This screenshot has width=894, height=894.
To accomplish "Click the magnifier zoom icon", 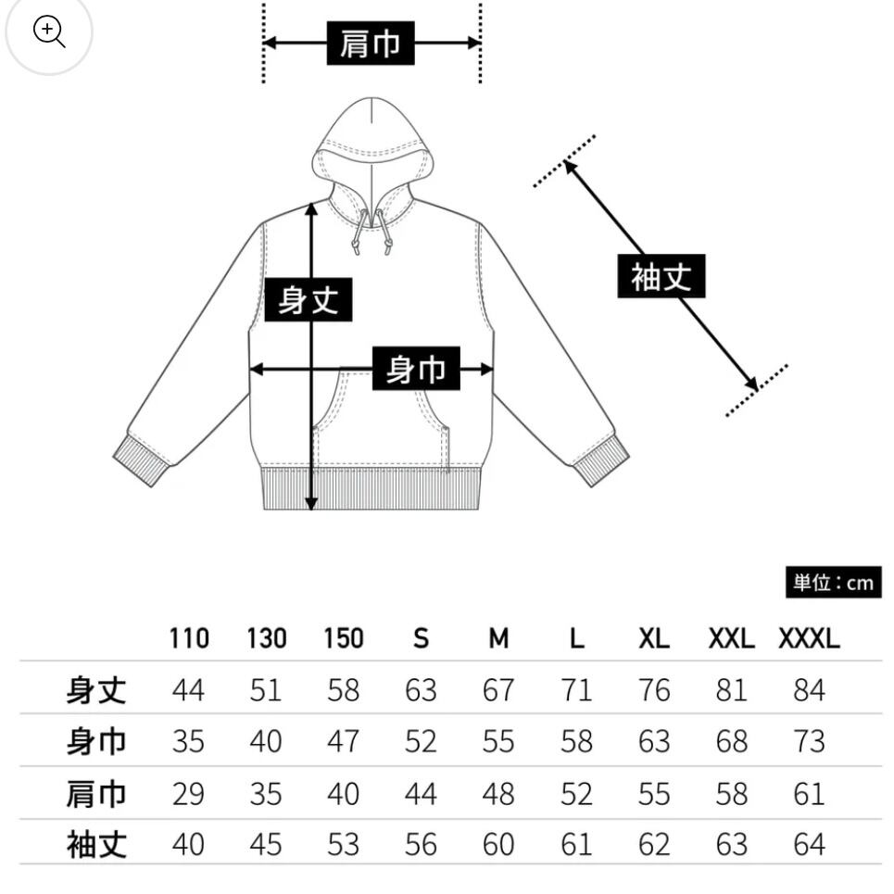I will coord(48,31).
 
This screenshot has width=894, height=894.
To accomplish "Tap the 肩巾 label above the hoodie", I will coord(371,44).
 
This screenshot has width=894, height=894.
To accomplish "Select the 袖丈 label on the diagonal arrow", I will coord(661,276).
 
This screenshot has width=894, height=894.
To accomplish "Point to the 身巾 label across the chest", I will coord(416,370).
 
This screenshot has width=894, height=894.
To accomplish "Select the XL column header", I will coord(653,638).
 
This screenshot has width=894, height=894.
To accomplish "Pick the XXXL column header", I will coord(808,638).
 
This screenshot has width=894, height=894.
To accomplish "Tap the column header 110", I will coord(189,638).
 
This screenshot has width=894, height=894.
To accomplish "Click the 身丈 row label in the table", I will coord(96,690).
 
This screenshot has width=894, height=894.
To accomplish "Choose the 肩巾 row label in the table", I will coord(96,793).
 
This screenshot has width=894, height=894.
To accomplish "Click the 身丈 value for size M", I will coord(498,690).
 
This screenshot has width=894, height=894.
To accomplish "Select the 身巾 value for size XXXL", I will coord(808,741).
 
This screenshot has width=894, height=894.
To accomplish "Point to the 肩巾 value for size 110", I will coord(189,793).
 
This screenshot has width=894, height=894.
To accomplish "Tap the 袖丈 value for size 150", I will coord(343,844).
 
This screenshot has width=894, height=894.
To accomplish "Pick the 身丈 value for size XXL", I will coord(731,690).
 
